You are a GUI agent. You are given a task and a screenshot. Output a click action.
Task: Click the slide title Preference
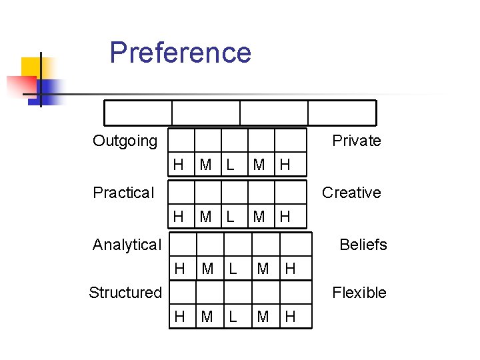click(180, 52)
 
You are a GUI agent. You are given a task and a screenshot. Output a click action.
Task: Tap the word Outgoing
click(125, 141)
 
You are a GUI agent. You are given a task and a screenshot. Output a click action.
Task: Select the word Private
click(356, 141)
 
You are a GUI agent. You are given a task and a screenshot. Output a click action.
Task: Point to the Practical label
click(123, 193)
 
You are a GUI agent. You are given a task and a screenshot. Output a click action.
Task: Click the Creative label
click(351, 193)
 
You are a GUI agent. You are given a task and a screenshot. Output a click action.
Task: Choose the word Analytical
click(127, 245)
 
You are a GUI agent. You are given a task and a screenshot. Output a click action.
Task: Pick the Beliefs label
click(363, 245)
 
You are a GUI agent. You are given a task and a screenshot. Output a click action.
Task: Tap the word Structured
click(125, 292)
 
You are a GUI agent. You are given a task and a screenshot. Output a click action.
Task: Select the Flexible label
click(359, 292)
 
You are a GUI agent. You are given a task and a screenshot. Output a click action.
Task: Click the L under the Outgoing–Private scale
click(230, 165)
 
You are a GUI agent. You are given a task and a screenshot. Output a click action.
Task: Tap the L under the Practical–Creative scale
click(230, 216)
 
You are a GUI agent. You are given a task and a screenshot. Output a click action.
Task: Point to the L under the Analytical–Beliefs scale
click(233, 269)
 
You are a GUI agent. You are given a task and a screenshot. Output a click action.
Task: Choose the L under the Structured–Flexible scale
click(233, 317)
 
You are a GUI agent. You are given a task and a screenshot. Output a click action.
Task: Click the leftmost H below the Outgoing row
click(178, 165)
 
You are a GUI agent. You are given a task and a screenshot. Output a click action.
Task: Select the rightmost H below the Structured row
click(290, 317)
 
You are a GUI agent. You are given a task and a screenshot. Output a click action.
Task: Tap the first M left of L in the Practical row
click(206, 216)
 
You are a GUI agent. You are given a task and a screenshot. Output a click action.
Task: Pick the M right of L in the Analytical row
click(263, 269)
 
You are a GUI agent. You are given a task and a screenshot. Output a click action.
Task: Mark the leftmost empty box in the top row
click(138, 113)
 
